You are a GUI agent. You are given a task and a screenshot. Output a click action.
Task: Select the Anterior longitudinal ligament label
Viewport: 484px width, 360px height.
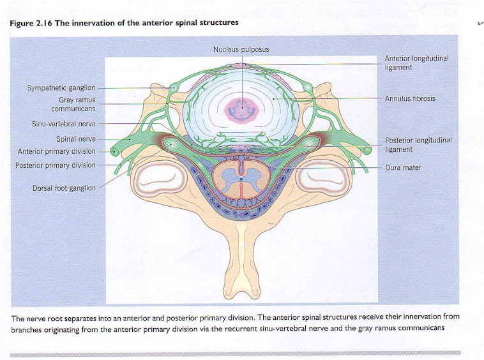(416, 63)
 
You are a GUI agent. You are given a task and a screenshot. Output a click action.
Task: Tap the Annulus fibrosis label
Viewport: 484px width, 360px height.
(410, 99)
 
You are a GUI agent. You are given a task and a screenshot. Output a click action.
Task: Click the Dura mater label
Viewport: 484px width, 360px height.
(403, 168)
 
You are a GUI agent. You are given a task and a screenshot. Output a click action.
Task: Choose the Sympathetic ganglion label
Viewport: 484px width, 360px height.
(61, 87)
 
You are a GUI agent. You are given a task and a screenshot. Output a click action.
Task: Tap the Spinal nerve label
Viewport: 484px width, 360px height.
(75, 139)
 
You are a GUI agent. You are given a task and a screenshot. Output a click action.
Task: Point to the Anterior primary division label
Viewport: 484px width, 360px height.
(57, 151)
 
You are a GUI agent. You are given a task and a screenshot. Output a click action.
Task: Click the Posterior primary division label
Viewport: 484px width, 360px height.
(56, 165)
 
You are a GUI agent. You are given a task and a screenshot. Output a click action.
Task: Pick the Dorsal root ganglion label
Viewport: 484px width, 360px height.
(64, 188)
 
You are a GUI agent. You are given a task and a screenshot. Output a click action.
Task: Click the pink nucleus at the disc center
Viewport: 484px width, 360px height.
(243, 108)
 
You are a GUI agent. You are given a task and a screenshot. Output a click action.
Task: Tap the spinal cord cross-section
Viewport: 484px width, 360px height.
(243, 177)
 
